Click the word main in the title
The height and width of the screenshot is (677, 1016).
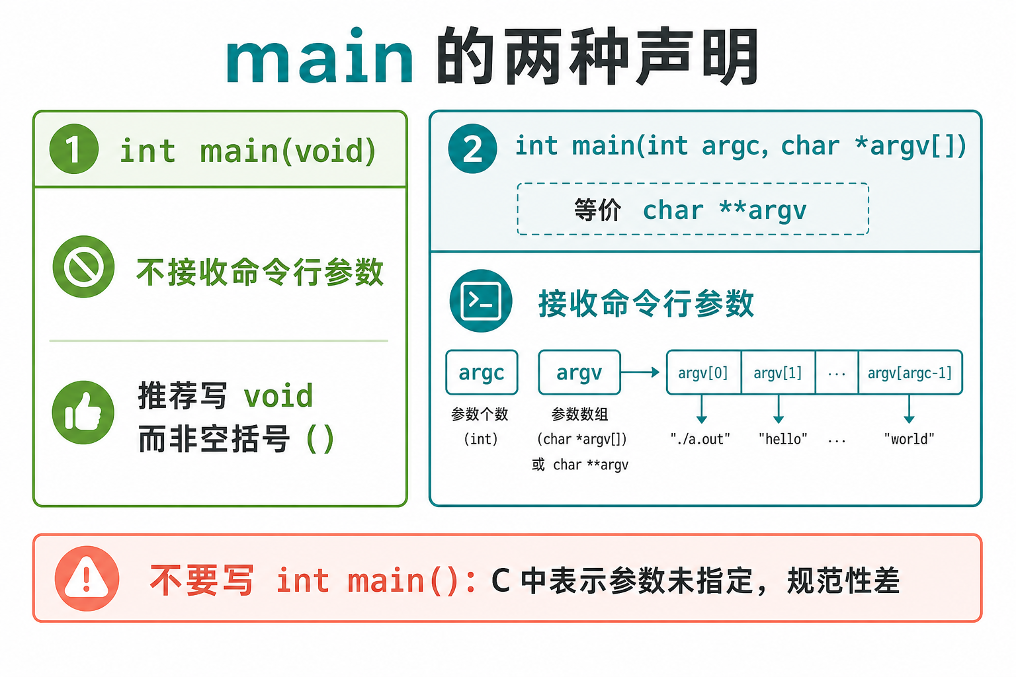point(319,56)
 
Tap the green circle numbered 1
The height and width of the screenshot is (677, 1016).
point(74,149)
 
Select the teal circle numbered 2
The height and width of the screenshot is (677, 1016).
point(472,148)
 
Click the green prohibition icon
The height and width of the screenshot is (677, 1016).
point(83,266)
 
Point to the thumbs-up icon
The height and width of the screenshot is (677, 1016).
point(83,412)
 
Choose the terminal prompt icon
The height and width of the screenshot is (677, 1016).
point(481,301)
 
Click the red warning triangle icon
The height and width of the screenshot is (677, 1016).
point(87,578)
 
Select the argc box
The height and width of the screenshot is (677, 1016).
point(482,372)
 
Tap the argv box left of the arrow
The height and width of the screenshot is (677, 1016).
point(579,372)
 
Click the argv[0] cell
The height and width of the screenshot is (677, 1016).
point(704,372)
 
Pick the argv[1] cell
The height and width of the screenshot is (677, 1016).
point(779,372)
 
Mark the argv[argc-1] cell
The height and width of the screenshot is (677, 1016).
point(910,372)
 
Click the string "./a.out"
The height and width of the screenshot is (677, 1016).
point(700,439)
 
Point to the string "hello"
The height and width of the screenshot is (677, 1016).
point(783,439)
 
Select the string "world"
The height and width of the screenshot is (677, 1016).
point(909,439)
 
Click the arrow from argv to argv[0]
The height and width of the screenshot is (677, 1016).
point(640,372)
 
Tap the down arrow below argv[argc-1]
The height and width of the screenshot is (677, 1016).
point(909,409)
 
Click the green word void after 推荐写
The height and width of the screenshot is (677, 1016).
point(278,396)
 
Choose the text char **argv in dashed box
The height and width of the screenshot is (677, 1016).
point(725,210)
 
